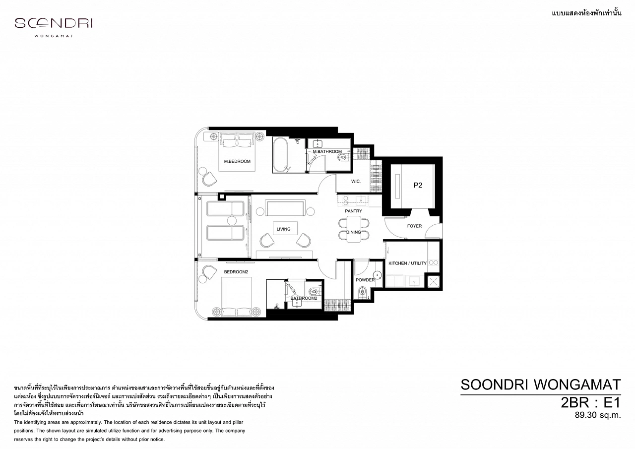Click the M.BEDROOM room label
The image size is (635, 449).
point(237,161)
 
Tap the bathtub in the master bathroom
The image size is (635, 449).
point(280,155)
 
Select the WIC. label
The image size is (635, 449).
point(356,181)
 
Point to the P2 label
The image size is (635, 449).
point(418,185)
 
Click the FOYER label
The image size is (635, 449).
point(414,226)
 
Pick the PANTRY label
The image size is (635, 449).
point(353,211)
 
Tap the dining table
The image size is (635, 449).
point(354,229)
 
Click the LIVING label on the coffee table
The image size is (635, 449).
point(283,229)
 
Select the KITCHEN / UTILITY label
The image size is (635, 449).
point(407,263)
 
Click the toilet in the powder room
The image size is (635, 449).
point(362,291)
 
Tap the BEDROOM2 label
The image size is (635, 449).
point(236,272)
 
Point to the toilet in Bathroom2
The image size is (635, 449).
point(314,291)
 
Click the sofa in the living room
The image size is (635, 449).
point(285,208)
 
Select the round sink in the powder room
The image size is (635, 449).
point(377,275)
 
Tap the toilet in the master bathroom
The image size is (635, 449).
point(343,158)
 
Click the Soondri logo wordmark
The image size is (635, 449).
point(54,23)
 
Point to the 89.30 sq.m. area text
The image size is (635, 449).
point(598,415)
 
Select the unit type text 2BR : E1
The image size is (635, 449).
point(590,402)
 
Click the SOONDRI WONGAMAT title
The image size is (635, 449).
point(541,385)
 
